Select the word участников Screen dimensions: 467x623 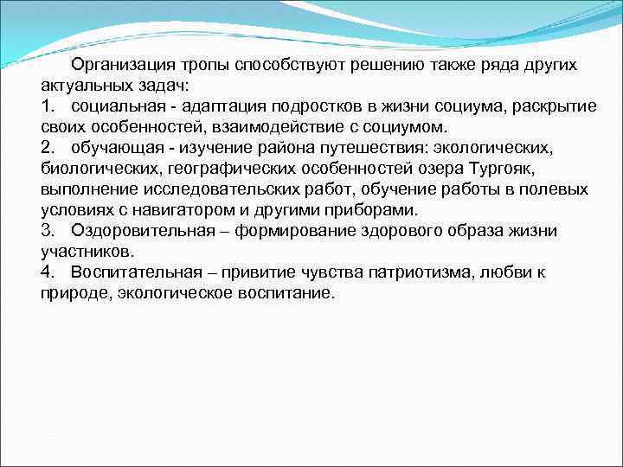point(87,252)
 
